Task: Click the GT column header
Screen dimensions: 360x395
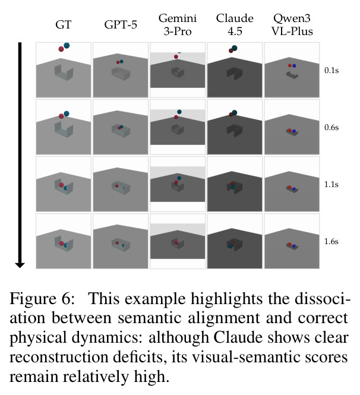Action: pos(63,25)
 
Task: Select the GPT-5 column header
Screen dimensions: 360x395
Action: pos(121,25)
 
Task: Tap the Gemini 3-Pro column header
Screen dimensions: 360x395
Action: pos(178,25)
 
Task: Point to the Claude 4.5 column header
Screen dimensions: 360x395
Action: pos(235,25)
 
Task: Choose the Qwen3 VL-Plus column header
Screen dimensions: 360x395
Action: pos(292,25)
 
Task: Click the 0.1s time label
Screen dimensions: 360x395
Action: pos(331,70)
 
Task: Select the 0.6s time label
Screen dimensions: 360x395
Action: pos(331,127)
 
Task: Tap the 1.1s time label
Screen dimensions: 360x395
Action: pos(331,184)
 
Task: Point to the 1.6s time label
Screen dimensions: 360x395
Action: pos(331,241)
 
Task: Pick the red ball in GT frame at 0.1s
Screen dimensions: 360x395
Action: pos(61,49)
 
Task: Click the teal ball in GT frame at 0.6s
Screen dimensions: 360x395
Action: pos(67,113)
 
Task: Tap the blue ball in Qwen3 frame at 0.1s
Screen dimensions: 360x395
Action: pos(294,66)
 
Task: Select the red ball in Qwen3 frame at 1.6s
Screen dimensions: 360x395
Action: pos(290,244)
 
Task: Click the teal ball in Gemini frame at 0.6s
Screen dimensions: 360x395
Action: pos(179,112)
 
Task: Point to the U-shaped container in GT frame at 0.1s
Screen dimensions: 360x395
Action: pos(64,72)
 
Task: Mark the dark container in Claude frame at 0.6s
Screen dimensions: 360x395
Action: pos(235,131)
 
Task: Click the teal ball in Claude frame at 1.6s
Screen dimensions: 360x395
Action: pos(230,246)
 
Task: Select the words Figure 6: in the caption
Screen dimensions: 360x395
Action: pos(42,299)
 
